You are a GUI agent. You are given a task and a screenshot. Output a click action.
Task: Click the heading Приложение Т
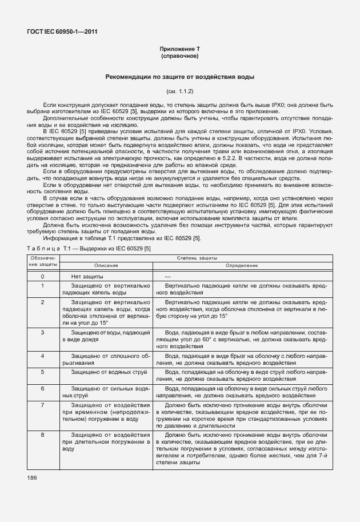pos(179,50)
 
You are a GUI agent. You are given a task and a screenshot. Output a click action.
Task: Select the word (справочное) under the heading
pos(179,57)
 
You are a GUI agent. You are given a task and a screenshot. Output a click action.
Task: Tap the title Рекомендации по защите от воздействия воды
pos(179,77)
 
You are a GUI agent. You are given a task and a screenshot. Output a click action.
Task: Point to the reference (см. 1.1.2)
pos(179,91)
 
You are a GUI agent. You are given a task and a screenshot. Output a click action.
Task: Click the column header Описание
pos(103,265)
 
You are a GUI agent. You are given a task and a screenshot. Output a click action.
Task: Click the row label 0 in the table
pos(42,277)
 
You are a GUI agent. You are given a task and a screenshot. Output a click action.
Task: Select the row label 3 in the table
pos(42,332)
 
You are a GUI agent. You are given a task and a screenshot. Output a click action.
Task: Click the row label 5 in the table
pos(42,371)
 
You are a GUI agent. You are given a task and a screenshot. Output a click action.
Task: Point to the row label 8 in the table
pos(42,435)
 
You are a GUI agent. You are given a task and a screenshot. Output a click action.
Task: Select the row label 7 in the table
pos(42,404)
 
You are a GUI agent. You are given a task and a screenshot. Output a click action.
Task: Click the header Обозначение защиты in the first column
pos(42,262)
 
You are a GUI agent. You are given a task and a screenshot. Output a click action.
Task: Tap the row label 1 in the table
pos(42,285)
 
